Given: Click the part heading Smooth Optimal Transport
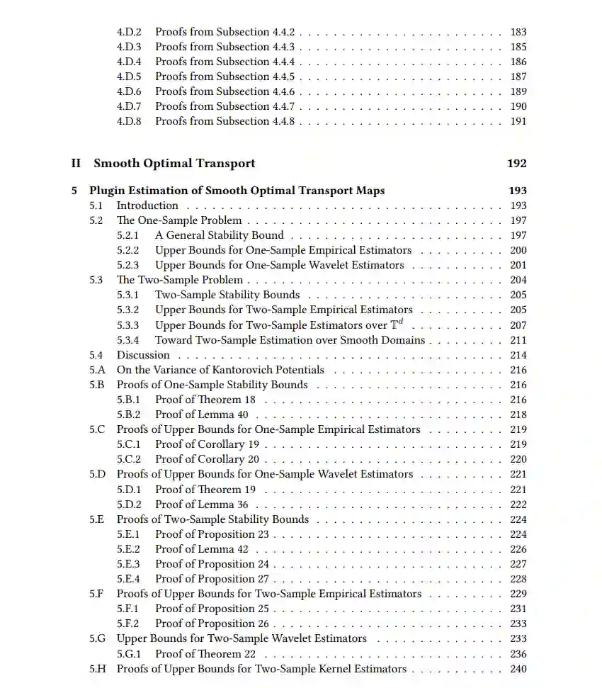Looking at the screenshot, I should point(174,164).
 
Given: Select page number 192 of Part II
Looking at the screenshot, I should point(517,164).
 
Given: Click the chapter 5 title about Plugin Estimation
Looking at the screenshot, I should point(237,191).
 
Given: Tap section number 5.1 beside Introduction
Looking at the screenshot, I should point(96,205).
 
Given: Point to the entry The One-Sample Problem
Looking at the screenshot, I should point(178,220).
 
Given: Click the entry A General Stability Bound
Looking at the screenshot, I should point(220,235).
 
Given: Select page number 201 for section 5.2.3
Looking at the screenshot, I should point(518,265).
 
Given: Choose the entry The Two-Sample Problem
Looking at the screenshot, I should point(179,280).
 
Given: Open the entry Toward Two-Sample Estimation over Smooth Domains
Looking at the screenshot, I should point(290,339).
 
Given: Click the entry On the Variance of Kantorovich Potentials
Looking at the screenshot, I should point(220,370).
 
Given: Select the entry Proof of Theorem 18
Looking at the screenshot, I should point(205,400).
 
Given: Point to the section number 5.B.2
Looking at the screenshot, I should point(128,415).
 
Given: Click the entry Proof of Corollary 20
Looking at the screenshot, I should point(207,459).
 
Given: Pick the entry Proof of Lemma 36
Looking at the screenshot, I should point(202,504).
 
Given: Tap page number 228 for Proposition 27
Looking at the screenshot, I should point(518,579).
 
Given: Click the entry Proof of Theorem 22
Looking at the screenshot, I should point(205,654).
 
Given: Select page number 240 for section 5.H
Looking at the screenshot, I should point(518,669).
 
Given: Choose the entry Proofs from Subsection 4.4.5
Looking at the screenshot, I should point(225,77).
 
